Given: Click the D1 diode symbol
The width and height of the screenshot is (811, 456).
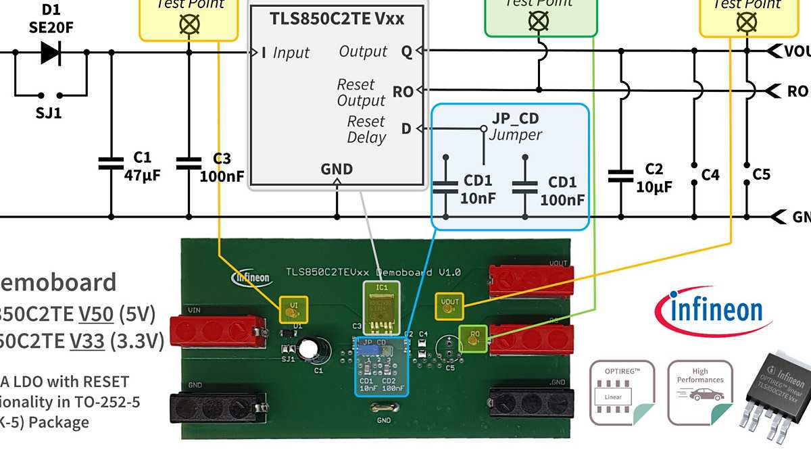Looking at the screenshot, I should pos(51,52).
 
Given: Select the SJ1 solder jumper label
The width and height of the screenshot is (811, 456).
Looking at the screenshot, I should pos(49,113).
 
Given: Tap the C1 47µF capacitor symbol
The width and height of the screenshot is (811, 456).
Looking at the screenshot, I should pos(111,163).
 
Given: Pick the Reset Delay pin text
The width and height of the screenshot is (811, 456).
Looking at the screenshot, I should pos(366,130).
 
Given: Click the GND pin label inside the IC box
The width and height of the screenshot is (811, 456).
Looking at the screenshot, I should pos(337,169).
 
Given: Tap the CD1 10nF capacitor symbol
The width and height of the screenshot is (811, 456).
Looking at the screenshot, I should pos(445,187).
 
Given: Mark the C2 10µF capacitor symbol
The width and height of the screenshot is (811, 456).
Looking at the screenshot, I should pos(620,176).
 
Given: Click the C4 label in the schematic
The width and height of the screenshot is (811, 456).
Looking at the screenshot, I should pos(710,175).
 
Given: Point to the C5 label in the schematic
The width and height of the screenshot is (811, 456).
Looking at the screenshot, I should pos(761,175).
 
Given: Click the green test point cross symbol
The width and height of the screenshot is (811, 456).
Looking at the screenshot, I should pos(538,21).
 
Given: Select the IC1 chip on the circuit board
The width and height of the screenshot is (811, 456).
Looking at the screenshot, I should pos(381,307).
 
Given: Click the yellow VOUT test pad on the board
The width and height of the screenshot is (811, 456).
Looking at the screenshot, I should pos(449,306).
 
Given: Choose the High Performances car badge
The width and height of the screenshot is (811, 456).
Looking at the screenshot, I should pos(699,392).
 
